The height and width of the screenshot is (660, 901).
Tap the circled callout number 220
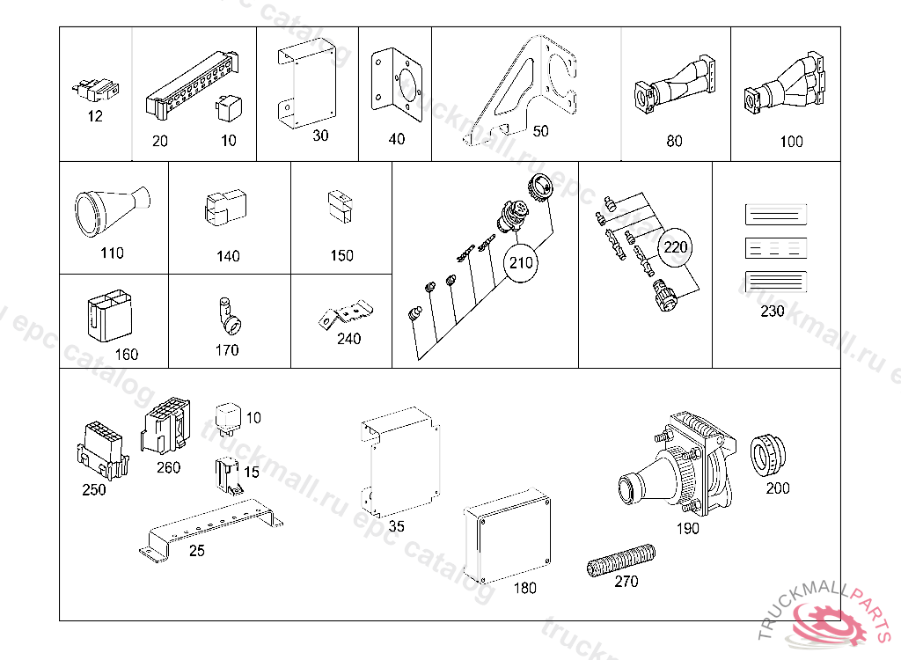coord(676,247)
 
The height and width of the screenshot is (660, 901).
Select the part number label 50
coord(540,131)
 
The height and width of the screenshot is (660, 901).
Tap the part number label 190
coord(687,528)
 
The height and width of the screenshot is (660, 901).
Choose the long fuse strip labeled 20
coord(192,83)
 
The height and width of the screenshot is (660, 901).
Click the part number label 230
coord(773,312)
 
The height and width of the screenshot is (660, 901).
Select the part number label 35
coord(396,526)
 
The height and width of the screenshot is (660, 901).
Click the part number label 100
coord(792,141)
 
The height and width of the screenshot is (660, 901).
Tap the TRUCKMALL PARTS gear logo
coord(831,620)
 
